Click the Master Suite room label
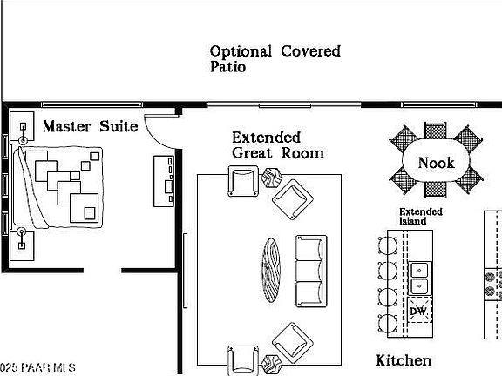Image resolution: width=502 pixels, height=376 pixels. click(91, 126)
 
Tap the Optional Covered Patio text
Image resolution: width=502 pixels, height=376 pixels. click(275, 59)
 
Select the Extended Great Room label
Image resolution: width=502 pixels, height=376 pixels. click(277, 145)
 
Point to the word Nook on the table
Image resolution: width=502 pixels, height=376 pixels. click(436, 163)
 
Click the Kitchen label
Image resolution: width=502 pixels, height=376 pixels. click(404, 360)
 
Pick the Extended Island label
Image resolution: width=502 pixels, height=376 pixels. click(421, 216)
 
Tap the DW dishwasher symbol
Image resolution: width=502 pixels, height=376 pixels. click(418, 311)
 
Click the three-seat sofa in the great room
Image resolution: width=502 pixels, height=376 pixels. click(311, 272)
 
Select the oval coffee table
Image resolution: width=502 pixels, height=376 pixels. click(271, 270)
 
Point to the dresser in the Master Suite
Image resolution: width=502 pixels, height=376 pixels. click(164, 181)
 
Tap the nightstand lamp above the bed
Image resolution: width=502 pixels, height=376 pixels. click(23, 132)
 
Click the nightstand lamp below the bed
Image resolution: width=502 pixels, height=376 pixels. click(22, 238)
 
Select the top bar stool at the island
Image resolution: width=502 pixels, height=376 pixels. click(387, 245)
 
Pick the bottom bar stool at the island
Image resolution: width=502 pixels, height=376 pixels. click(387, 323)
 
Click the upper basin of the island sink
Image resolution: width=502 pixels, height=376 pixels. click(419, 270)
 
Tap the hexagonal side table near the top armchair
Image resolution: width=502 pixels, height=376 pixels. click(272, 178)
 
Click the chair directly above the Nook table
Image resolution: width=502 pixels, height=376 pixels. click(436, 131)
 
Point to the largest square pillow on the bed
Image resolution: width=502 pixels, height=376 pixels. click(85, 208)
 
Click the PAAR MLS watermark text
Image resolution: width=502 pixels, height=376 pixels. click(37, 367)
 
